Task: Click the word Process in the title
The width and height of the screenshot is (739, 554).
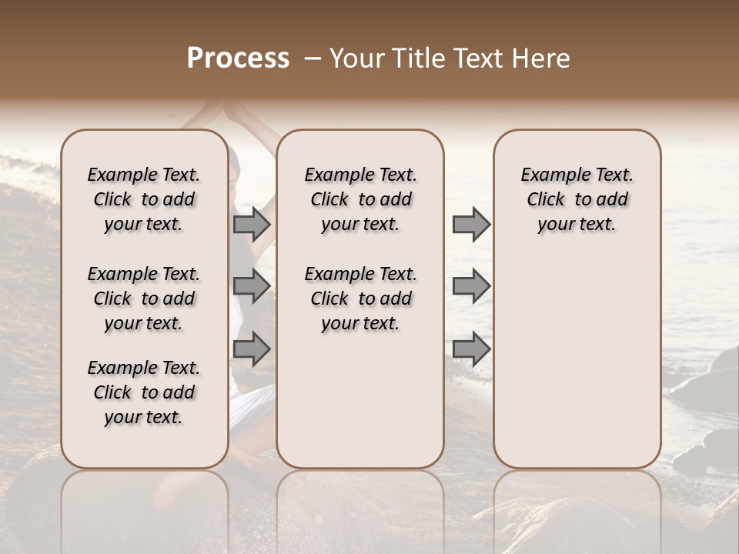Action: [238, 58]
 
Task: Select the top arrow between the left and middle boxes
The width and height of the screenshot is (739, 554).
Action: [252, 224]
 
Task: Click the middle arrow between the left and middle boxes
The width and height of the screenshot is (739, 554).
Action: [252, 286]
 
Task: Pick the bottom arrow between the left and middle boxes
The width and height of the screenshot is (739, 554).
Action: [252, 349]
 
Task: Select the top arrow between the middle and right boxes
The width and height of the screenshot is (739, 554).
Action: [471, 224]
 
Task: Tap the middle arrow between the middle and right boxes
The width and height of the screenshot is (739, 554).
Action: [471, 286]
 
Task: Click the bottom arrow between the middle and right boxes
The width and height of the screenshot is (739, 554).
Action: [471, 349]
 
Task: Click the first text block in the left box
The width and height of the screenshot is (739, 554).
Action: [144, 199]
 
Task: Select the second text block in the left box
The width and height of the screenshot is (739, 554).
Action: [144, 299]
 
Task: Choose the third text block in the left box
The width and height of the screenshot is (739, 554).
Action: [144, 392]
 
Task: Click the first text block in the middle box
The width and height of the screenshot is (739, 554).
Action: [360, 199]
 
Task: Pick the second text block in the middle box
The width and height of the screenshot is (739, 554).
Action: [360, 299]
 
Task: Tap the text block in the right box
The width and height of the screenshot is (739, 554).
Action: [577, 199]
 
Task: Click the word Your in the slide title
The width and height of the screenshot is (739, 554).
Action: [356, 58]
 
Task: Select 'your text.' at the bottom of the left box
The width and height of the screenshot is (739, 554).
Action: [144, 417]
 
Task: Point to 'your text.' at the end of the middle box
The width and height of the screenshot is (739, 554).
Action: [360, 324]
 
